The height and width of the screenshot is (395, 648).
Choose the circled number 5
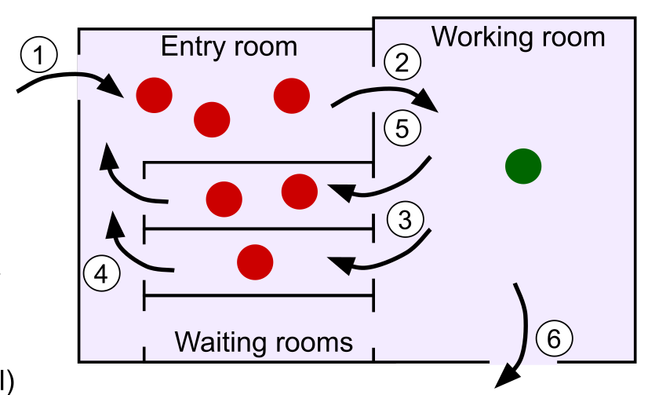click(402, 128)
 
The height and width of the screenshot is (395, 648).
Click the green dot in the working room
click(523, 166)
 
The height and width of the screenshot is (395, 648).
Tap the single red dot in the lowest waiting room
click(254, 261)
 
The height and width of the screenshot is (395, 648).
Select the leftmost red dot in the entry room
click(154, 96)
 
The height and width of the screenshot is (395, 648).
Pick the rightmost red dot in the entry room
click(291, 96)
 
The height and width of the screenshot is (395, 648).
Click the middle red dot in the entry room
click(212, 119)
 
